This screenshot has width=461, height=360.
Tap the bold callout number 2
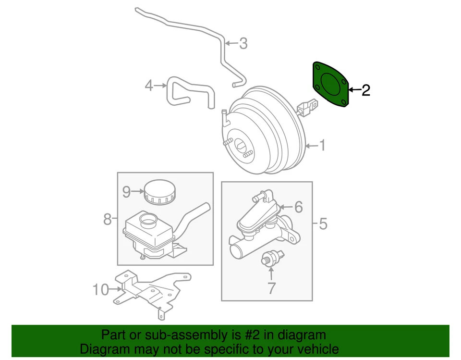[366, 90]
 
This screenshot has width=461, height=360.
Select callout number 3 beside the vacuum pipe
[243, 43]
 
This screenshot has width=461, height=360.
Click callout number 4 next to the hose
[149, 86]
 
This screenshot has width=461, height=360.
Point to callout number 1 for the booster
[323, 145]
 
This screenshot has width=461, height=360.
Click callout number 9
[126, 192]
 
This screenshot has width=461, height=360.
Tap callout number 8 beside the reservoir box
[107, 220]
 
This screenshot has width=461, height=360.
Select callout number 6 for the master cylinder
[298, 207]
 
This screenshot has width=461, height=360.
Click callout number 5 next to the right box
[323, 223]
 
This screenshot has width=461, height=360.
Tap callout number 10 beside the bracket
[101, 289]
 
